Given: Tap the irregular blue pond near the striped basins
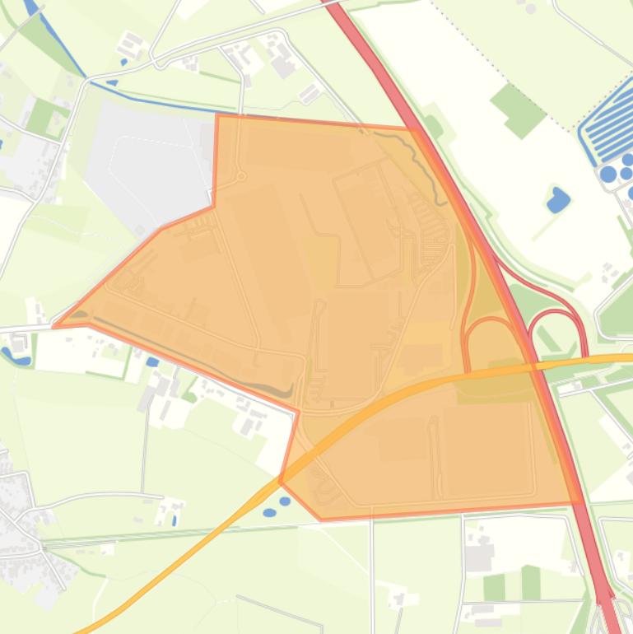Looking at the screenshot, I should [x=558, y=200].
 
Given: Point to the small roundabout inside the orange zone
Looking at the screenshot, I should [x=241, y=176].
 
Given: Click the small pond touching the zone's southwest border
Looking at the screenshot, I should [x=285, y=501].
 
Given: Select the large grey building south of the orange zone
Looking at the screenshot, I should [x=478, y=557].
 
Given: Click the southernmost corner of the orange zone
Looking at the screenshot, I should [x=321, y=520].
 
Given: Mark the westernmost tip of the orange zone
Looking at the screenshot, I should [x=54, y=326].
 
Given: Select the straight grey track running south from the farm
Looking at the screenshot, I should [x=145, y=445].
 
